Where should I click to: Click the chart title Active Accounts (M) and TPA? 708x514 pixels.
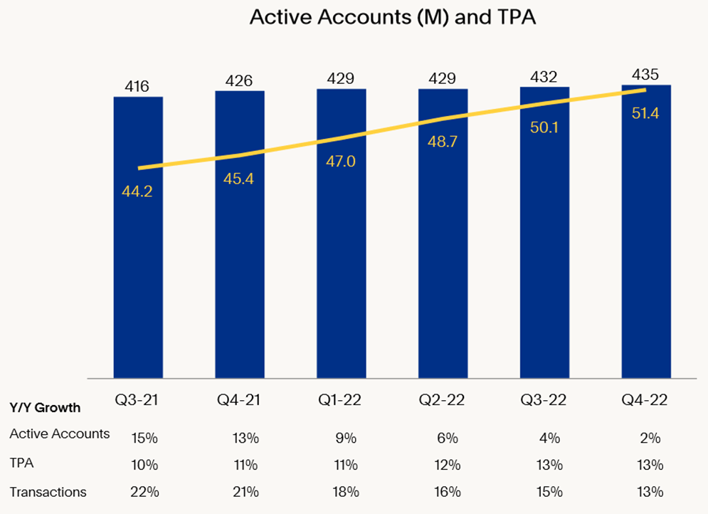pyautogui.click(x=392, y=18)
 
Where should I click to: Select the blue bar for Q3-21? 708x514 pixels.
pyautogui.click(x=138, y=271)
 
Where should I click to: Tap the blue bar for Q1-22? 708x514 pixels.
pyautogui.click(x=341, y=271)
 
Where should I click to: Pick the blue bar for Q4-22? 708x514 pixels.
pyautogui.click(x=645, y=271)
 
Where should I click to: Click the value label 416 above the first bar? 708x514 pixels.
pyautogui.click(x=137, y=88)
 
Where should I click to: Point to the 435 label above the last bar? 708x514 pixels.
pyautogui.click(x=645, y=75)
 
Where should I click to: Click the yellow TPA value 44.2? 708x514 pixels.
pyautogui.click(x=137, y=190)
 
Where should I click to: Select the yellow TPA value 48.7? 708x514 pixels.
pyautogui.click(x=443, y=141)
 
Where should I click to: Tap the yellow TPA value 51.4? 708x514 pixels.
pyautogui.click(x=645, y=112)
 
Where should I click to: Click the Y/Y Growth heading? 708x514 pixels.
pyautogui.click(x=45, y=409)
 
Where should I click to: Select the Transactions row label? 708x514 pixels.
pyautogui.click(x=48, y=492)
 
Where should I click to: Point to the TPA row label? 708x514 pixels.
pyautogui.click(x=21, y=463)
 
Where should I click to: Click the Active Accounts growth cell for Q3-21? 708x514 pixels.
pyautogui.click(x=144, y=438)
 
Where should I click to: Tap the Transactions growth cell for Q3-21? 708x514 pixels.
pyautogui.click(x=144, y=492)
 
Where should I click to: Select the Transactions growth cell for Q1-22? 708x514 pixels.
pyautogui.click(x=347, y=492)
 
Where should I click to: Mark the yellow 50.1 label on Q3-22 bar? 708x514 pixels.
pyautogui.click(x=544, y=126)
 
